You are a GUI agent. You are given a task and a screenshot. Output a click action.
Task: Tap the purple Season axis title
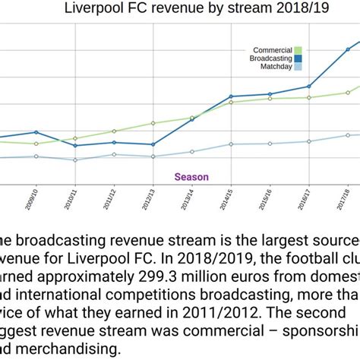(x=191, y=177)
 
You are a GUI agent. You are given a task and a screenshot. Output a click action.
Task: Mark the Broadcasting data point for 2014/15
(x=231, y=96)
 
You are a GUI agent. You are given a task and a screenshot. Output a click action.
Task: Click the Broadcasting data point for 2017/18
(x=348, y=49)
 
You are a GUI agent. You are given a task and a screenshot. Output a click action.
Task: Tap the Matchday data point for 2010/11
(x=74, y=159)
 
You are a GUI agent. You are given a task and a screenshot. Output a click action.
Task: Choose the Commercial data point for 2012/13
(x=153, y=123)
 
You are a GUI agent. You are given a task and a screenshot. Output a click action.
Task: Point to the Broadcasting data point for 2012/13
(x=153, y=144)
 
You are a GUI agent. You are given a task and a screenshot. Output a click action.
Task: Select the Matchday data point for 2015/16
(x=270, y=144)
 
